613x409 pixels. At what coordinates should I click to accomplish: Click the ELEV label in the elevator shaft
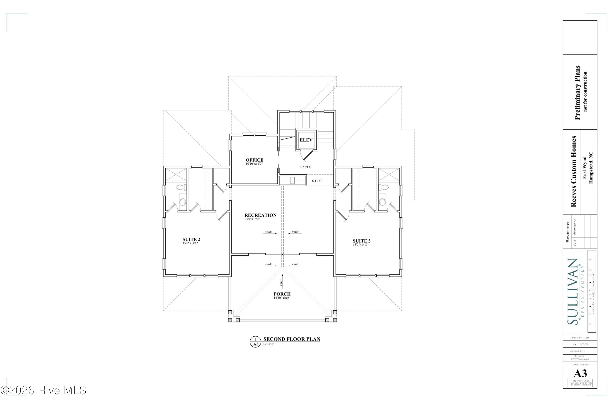tap(306, 140)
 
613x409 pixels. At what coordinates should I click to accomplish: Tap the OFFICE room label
tap(255, 160)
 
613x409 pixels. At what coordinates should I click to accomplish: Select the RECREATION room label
tap(260, 215)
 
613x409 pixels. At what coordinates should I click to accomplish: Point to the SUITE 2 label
tap(191, 239)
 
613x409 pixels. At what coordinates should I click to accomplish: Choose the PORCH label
tap(282, 294)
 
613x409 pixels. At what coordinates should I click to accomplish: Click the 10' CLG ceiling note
tap(305, 167)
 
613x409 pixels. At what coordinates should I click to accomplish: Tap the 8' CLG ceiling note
tap(317, 181)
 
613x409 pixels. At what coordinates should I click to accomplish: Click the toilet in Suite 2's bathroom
tap(181, 187)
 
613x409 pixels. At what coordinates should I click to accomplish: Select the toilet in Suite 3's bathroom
tap(384, 187)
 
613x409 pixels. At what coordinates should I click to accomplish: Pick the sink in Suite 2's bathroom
tap(183, 202)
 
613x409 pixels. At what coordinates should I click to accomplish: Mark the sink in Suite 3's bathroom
tap(382, 202)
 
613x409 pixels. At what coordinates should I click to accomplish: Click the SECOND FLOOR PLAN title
tap(292, 339)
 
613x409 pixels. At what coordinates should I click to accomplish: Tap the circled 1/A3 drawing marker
tap(255, 342)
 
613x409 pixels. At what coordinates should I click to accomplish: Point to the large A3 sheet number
tap(581, 374)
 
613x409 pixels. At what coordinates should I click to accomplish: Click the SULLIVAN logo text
tap(572, 291)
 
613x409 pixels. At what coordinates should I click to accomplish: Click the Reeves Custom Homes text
tap(573, 172)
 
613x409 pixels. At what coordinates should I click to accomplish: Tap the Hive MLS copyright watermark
tap(43, 390)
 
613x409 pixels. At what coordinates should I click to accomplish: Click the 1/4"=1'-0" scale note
tap(268, 344)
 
